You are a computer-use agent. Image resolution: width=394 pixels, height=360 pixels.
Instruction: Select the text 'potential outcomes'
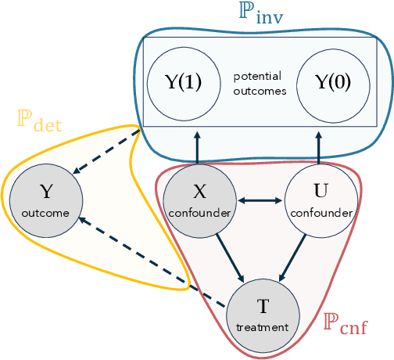click(257, 83)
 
